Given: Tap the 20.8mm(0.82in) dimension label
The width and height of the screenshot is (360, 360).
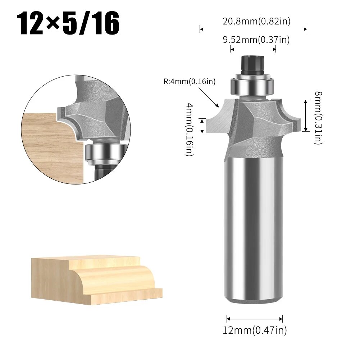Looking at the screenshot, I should click(x=256, y=22).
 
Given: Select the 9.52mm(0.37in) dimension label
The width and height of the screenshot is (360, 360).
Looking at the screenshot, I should click(x=256, y=40).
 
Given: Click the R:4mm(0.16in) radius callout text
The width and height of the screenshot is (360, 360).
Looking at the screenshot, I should click(x=190, y=82).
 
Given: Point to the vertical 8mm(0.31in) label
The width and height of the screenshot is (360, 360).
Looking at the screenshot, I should click(x=318, y=118).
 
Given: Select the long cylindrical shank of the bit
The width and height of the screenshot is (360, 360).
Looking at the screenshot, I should click(x=252, y=230).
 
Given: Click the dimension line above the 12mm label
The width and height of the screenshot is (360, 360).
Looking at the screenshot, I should click(x=255, y=318).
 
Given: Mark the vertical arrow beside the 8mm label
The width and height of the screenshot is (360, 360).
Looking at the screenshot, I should click(x=305, y=115).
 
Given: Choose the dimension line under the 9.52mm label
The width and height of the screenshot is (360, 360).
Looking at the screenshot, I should click(x=253, y=50).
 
